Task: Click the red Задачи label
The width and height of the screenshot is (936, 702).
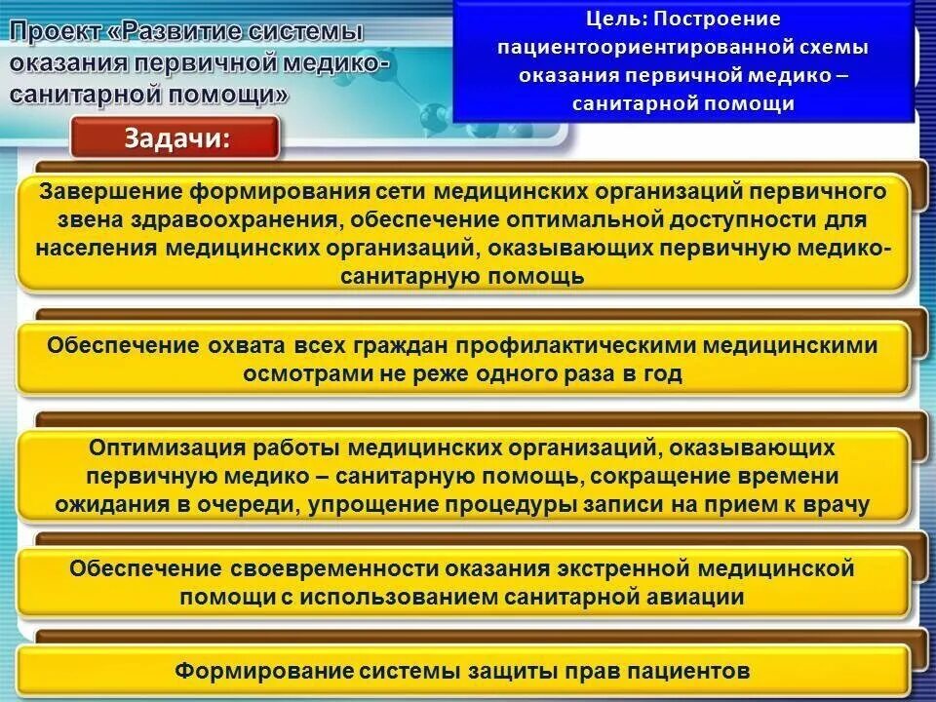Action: [176, 138]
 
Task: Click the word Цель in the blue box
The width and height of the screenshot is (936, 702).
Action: [613, 19]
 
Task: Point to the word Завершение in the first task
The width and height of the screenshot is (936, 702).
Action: [108, 191]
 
